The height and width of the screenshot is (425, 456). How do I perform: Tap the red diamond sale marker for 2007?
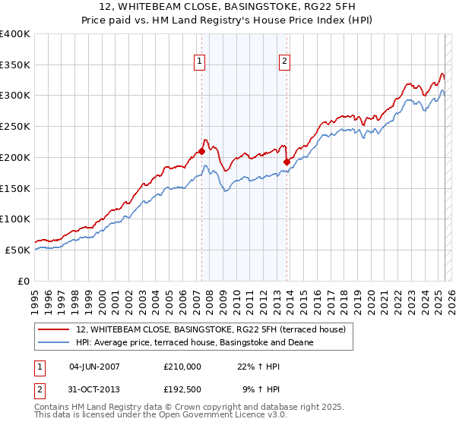202,151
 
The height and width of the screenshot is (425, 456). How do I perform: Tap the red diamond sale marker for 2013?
287,162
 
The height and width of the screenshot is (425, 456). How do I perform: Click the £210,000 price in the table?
182,366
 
